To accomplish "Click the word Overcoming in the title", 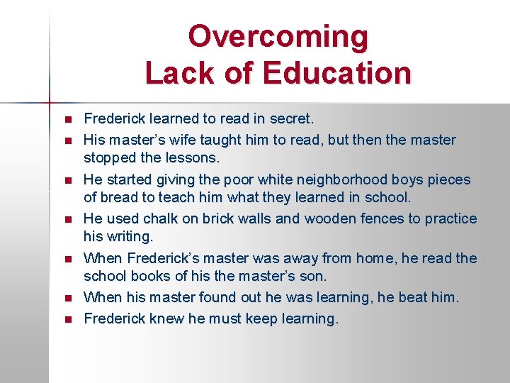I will click(x=278, y=36).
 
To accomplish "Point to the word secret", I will click(x=290, y=118).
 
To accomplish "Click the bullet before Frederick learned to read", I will click(x=67, y=119).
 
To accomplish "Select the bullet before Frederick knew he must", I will click(x=67, y=319).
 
